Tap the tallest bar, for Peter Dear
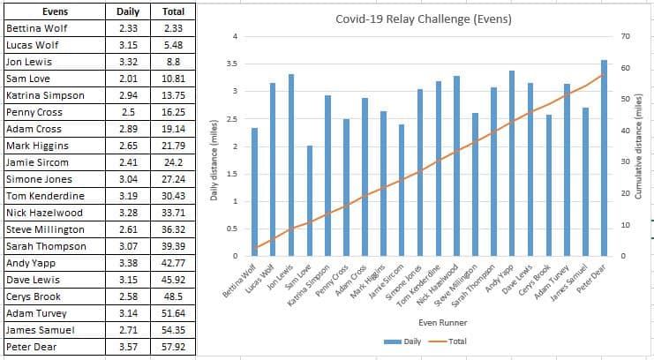604,159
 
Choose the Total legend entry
450,341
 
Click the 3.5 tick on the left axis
232,64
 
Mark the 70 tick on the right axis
626,36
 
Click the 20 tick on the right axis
626,193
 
